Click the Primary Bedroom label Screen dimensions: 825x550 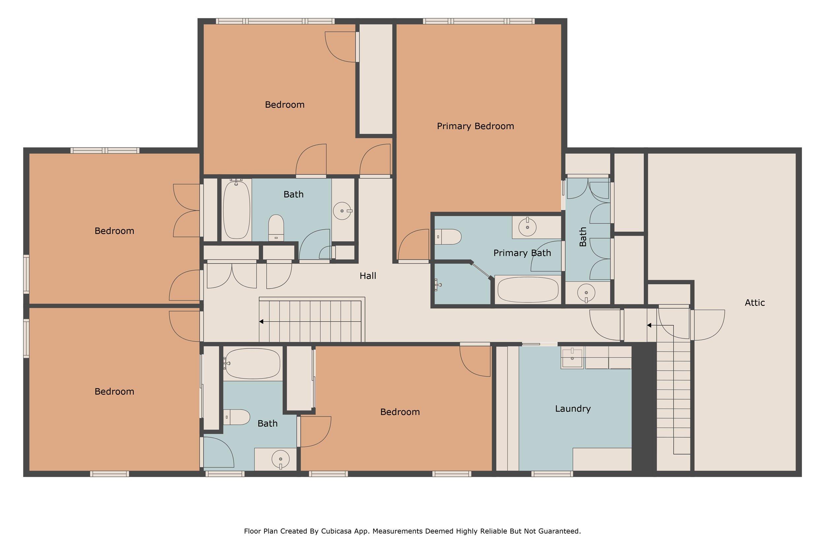tap(475, 126)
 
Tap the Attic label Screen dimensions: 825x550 tap(754, 303)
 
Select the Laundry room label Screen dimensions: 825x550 tap(573, 409)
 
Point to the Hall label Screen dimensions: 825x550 tap(368, 276)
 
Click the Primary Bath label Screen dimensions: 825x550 tap(522, 253)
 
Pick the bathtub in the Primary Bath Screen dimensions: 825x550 tap(528, 290)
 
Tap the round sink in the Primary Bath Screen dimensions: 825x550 tap(527, 227)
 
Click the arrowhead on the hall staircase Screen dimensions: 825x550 tap(261, 322)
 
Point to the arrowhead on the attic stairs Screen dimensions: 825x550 tap(649, 325)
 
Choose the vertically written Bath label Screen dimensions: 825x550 tap(583, 237)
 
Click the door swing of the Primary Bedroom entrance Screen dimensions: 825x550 tap(413, 244)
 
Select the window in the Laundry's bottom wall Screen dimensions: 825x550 tap(552, 474)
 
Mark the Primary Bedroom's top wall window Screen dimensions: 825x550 tap(479, 21)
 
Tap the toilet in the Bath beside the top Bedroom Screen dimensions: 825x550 tap(276, 228)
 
